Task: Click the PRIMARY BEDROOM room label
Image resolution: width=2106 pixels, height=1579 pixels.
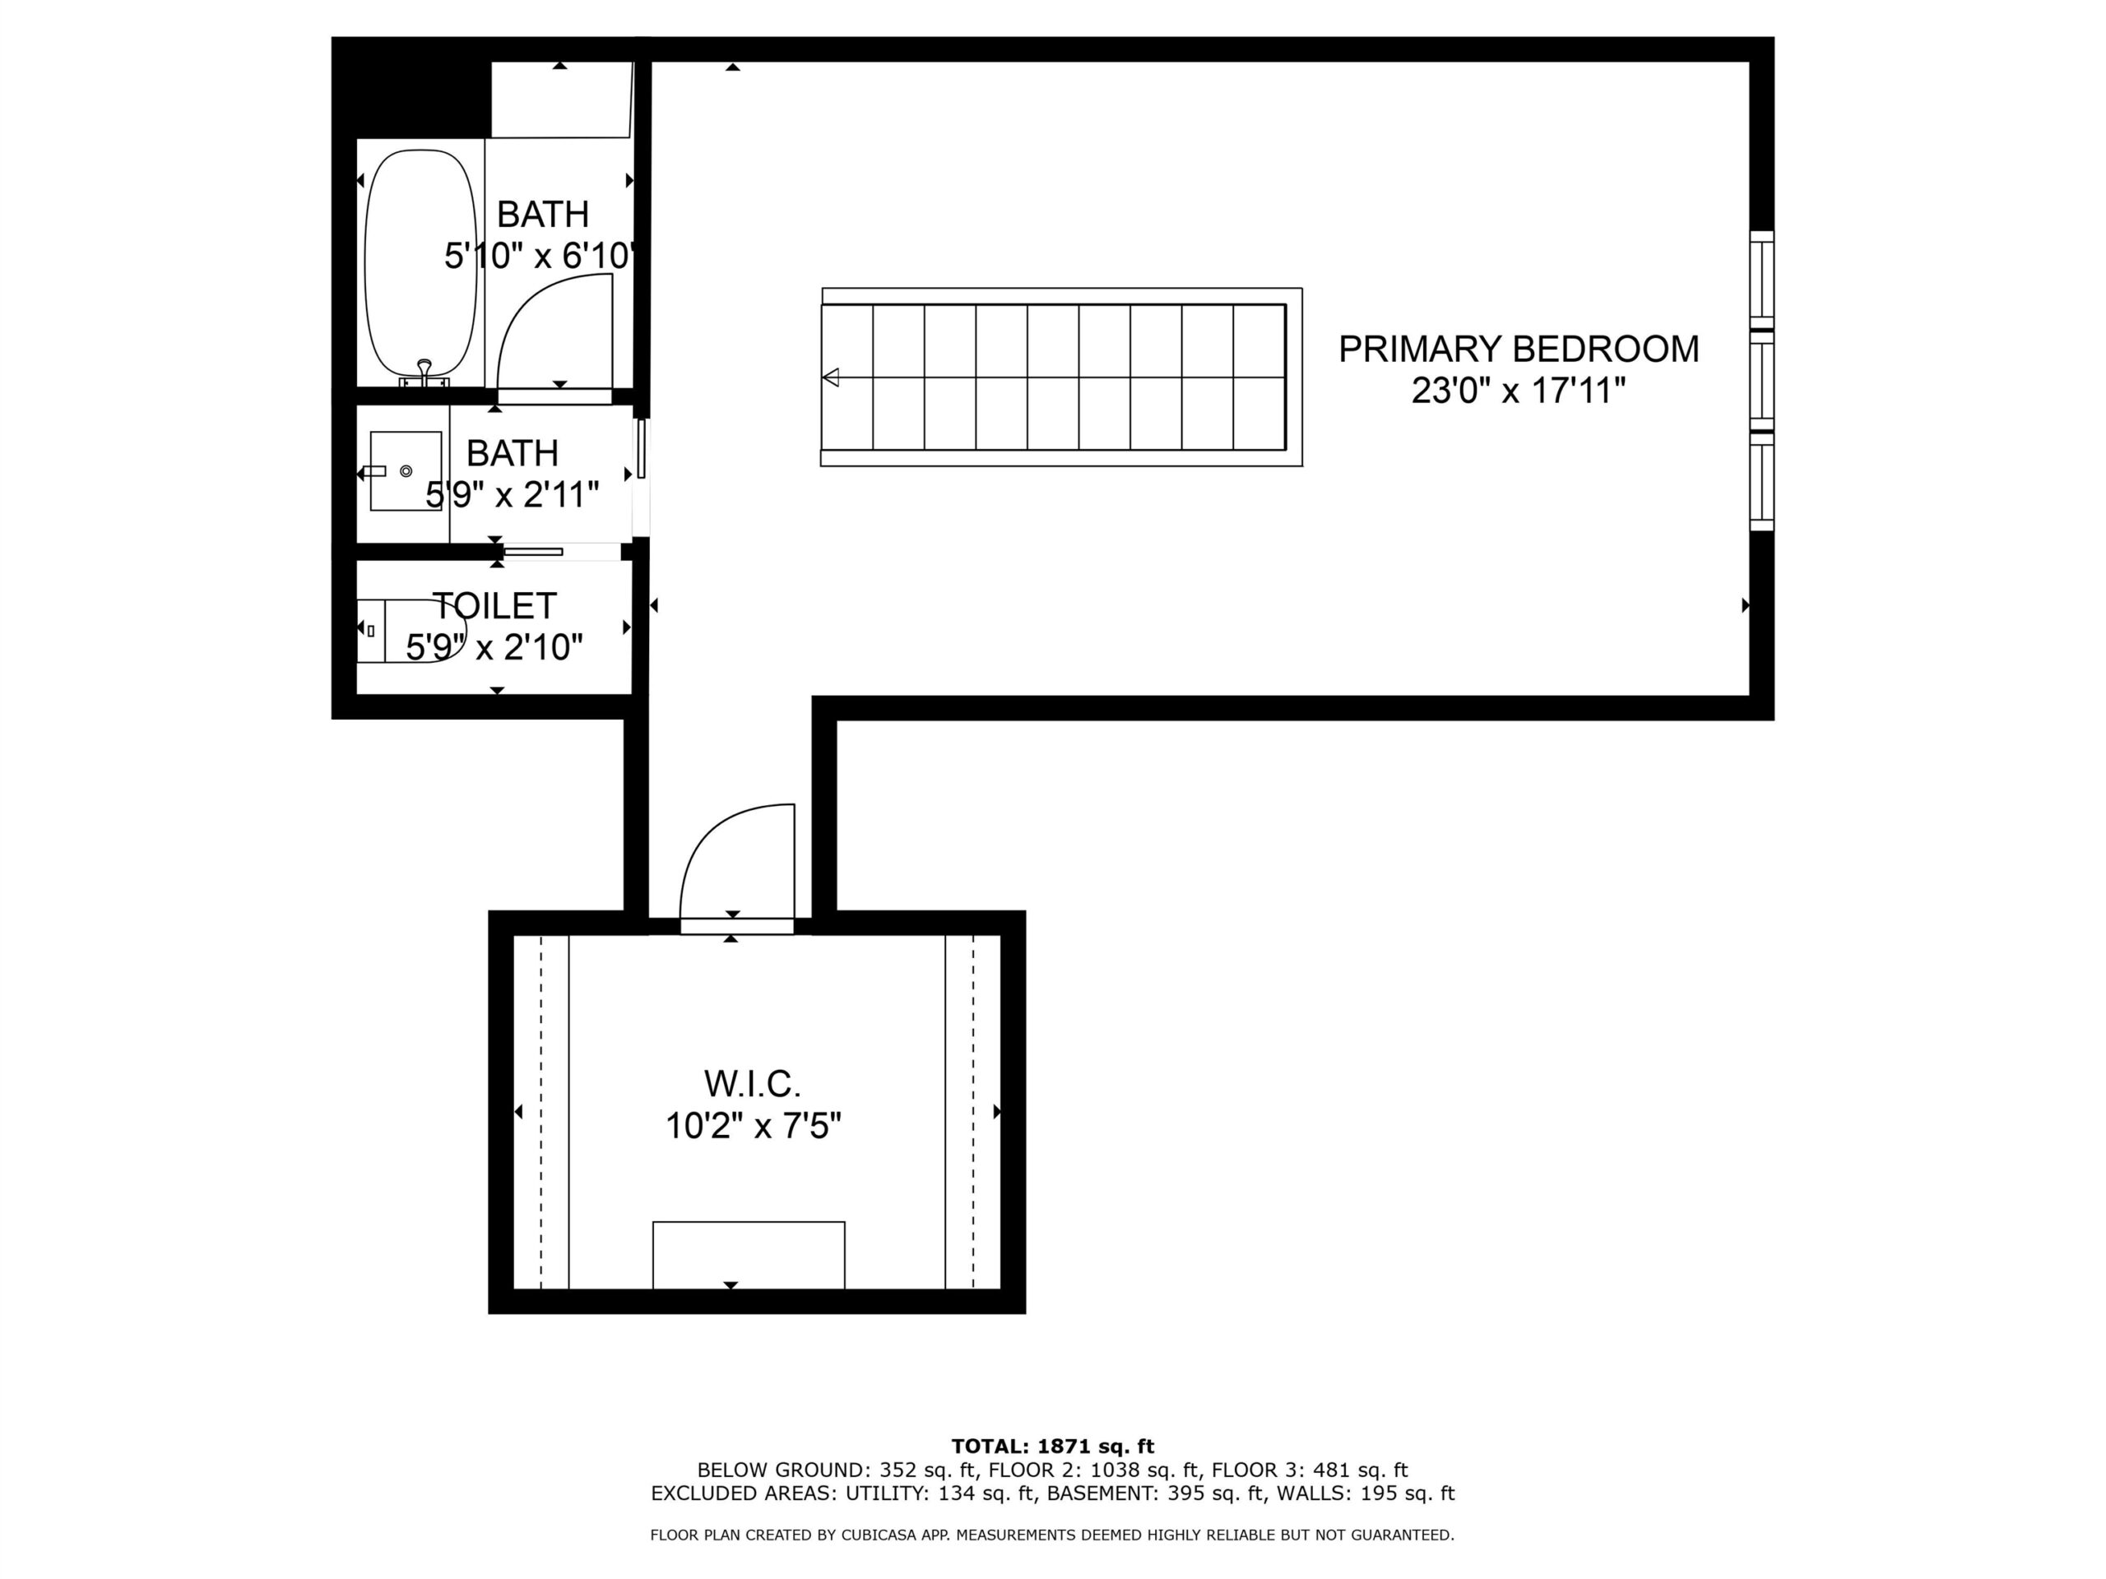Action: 1518,350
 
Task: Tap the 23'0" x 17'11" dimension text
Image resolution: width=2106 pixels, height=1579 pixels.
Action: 1518,391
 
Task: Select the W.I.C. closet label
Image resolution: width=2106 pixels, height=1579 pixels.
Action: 752,1083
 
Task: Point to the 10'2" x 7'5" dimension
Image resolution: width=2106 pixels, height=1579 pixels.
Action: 753,1126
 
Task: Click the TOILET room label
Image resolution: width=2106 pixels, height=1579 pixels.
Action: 494,605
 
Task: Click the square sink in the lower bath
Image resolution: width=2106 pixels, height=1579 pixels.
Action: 406,471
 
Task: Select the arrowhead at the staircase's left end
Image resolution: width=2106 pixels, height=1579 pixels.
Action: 830,377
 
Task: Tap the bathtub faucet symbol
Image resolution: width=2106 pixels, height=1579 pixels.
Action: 424,373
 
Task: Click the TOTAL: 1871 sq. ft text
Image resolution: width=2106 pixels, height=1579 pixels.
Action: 1052,1447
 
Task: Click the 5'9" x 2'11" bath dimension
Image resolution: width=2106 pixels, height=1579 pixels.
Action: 513,495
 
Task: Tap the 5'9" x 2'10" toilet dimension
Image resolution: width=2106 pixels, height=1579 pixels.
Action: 494,647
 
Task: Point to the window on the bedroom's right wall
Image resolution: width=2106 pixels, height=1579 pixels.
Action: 1762,381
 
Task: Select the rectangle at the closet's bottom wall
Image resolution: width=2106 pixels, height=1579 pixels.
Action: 749,1254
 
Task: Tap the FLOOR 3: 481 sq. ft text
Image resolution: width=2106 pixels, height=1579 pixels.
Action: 1310,1470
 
